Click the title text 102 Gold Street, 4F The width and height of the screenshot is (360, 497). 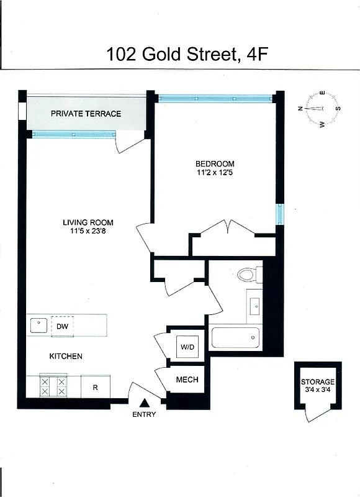click(x=180, y=54)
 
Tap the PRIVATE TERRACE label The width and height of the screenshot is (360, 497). click(x=86, y=114)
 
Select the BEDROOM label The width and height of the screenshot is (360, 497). click(x=214, y=164)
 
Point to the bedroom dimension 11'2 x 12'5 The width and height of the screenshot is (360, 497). click(x=214, y=174)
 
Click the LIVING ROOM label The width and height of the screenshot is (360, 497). click(x=88, y=222)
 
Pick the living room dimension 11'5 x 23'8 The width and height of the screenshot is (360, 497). click(x=88, y=232)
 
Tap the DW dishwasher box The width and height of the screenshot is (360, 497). click(x=62, y=326)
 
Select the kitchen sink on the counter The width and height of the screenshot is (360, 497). click(x=38, y=324)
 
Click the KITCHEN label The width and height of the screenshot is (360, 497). click(x=66, y=356)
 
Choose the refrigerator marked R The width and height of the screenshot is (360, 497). click(x=95, y=387)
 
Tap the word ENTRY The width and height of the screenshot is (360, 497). click(x=144, y=414)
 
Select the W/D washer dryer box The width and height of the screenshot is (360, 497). click(x=187, y=347)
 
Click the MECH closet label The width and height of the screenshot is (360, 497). click(x=187, y=380)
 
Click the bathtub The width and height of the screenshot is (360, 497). click(x=235, y=337)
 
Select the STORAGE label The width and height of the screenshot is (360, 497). click(x=318, y=381)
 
